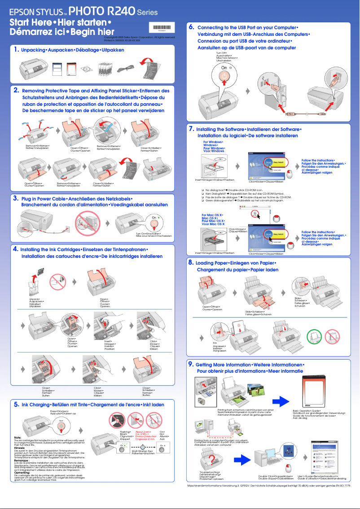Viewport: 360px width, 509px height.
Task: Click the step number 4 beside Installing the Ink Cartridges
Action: tap(15, 249)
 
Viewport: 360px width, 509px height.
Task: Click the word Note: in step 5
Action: tap(18, 437)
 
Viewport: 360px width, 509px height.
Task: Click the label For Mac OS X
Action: tap(213, 215)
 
